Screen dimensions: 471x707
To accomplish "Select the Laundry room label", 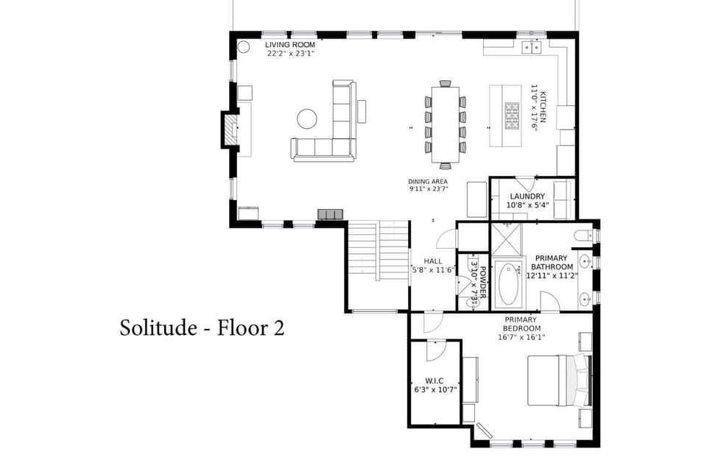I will [528, 196].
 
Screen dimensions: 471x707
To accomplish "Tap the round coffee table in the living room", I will [307, 118].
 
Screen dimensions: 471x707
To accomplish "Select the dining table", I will [445, 124].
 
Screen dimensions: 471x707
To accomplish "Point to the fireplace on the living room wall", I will [231, 130].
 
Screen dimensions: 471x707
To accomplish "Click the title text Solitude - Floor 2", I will [202, 327].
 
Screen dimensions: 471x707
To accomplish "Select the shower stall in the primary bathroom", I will [507, 237].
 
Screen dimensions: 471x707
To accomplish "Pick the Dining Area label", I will [428, 181].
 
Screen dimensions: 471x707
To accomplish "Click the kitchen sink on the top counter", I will [532, 47].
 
